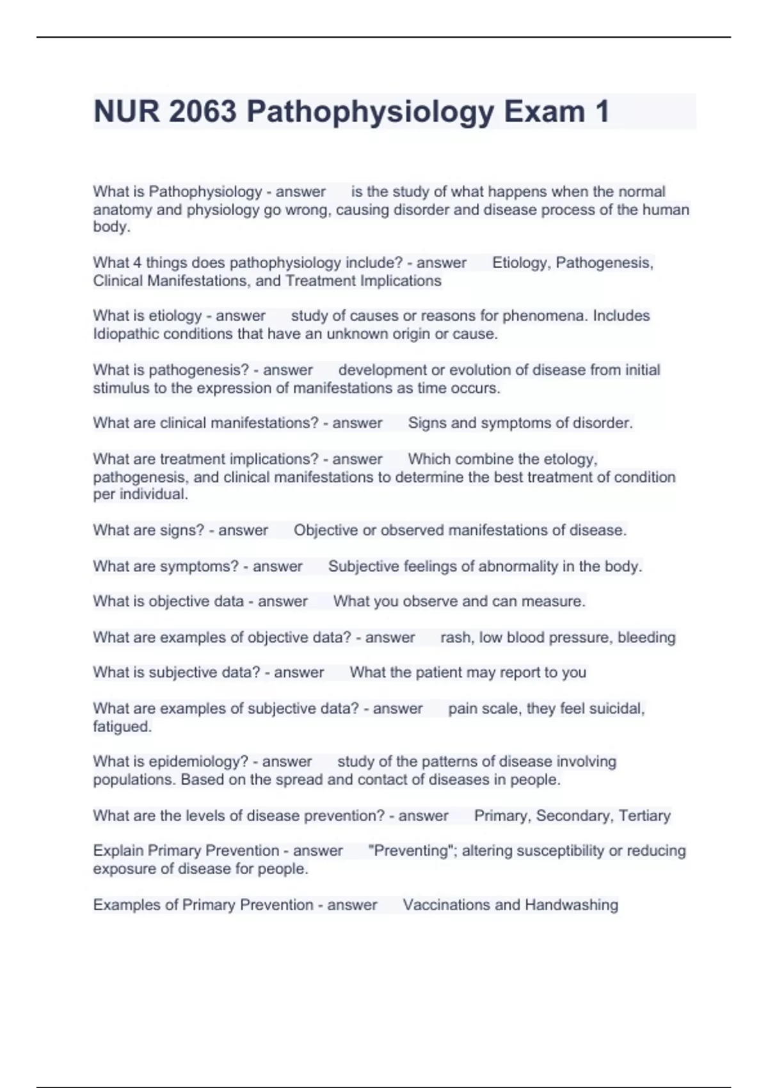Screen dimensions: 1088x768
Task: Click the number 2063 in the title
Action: click(x=203, y=111)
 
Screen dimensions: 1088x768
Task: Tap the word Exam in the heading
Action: click(x=544, y=111)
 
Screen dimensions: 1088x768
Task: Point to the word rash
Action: click(x=455, y=637)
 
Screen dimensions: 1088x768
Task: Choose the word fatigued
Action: click(x=122, y=727)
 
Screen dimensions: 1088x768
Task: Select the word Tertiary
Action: click(x=644, y=816)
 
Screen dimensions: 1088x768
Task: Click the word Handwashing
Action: click(x=572, y=905)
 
